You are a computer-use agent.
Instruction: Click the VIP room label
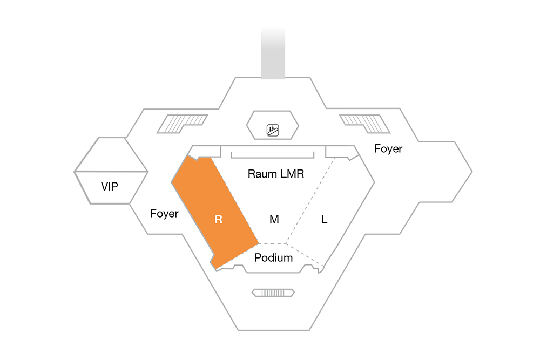(110, 186)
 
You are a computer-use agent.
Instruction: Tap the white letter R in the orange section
(218, 219)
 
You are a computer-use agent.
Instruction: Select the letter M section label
(274, 219)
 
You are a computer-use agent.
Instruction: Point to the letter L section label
(324, 219)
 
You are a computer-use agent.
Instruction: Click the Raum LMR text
(276, 174)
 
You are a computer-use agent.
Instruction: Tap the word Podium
(273, 257)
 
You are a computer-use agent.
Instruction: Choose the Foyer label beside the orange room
(164, 213)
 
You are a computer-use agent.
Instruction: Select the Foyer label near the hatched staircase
(388, 148)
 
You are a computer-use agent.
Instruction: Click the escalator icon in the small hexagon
(273, 130)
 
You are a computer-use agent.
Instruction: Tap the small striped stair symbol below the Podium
(273, 293)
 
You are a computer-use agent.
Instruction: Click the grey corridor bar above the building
(273, 52)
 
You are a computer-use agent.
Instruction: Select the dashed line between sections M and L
(310, 200)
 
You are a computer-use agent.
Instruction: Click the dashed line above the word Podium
(272, 243)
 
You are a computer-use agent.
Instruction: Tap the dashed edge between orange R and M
(235, 201)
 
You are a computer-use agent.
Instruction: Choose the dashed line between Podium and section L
(305, 255)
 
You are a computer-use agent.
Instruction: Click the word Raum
(261, 174)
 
